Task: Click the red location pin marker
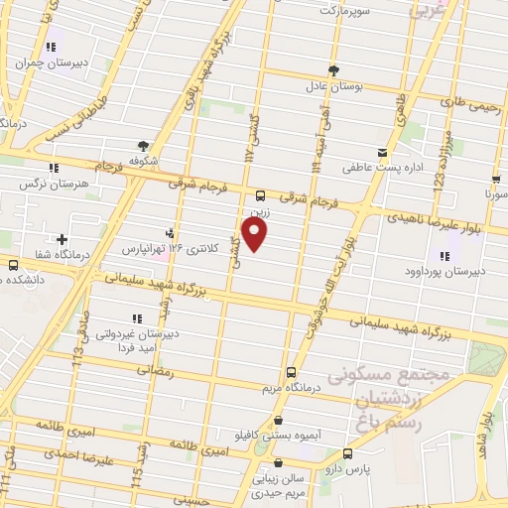(256, 234)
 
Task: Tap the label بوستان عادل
(333, 86)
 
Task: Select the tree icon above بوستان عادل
(333, 70)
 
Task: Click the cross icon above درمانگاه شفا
(63, 239)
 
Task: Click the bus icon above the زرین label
(260, 195)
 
